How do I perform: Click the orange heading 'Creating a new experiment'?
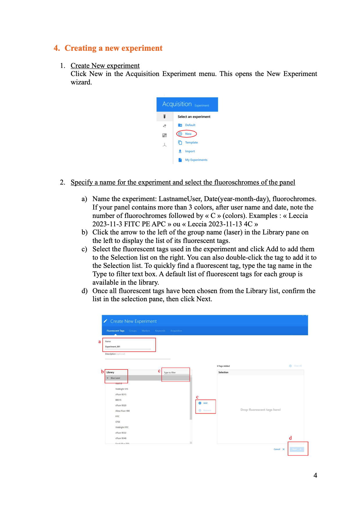click(113, 48)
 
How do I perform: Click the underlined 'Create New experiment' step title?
click(105, 66)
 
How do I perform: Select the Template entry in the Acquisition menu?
click(191, 142)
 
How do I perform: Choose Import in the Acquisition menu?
click(190, 151)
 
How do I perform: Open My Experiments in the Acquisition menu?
click(196, 160)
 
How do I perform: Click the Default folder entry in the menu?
click(190, 125)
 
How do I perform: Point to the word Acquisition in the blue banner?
click(177, 104)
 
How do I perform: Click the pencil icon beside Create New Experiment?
click(106, 321)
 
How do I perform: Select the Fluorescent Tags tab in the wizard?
click(115, 331)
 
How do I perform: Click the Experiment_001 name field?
click(128, 346)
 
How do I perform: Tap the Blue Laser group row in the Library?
click(115, 378)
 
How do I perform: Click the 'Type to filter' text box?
click(176, 373)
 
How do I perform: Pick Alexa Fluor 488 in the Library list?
click(122, 411)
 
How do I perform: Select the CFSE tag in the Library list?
click(118, 422)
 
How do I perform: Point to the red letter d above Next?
click(290, 438)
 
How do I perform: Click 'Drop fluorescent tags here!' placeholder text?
click(260, 410)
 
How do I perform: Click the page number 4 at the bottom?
click(315, 475)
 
